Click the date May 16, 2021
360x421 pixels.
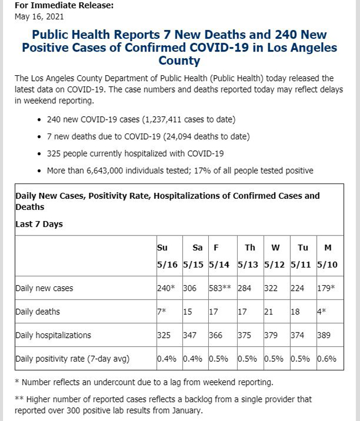(x=39, y=17)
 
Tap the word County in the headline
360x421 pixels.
(x=179, y=61)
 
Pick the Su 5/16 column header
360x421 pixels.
(x=167, y=256)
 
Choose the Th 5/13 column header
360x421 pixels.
(x=248, y=256)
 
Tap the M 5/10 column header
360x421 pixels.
(x=327, y=256)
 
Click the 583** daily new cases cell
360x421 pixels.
(x=220, y=288)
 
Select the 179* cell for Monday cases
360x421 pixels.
(x=326, y=288)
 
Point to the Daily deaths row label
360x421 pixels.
(x=38, y=312)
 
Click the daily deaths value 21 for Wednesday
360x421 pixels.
(x=269, y=312)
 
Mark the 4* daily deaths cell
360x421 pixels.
(x=322, y=311)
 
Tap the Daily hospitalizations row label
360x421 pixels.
(x=53, y=335)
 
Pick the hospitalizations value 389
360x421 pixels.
(x=324, y=335)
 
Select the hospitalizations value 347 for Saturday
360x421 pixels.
(x=189, y=335)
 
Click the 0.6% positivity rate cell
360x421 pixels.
(x=327, y=359)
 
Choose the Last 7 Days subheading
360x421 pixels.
(x=39, y=224)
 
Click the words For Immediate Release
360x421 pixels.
(x=64, y=6)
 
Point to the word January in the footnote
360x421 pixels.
(x=187, y=410)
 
